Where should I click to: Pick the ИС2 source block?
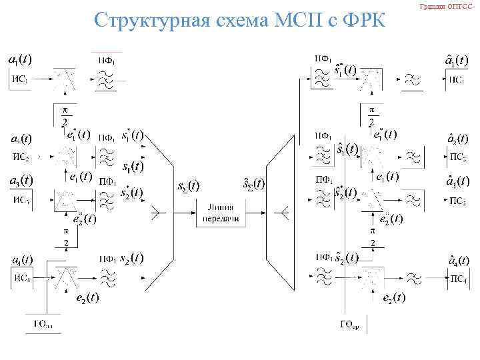(21, 157)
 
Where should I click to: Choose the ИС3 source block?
(21, 199)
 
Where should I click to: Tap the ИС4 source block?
(21, 279)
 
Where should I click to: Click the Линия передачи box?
(217, 213)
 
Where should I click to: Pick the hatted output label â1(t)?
(457, 61)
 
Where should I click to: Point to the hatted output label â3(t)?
(457, 181)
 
